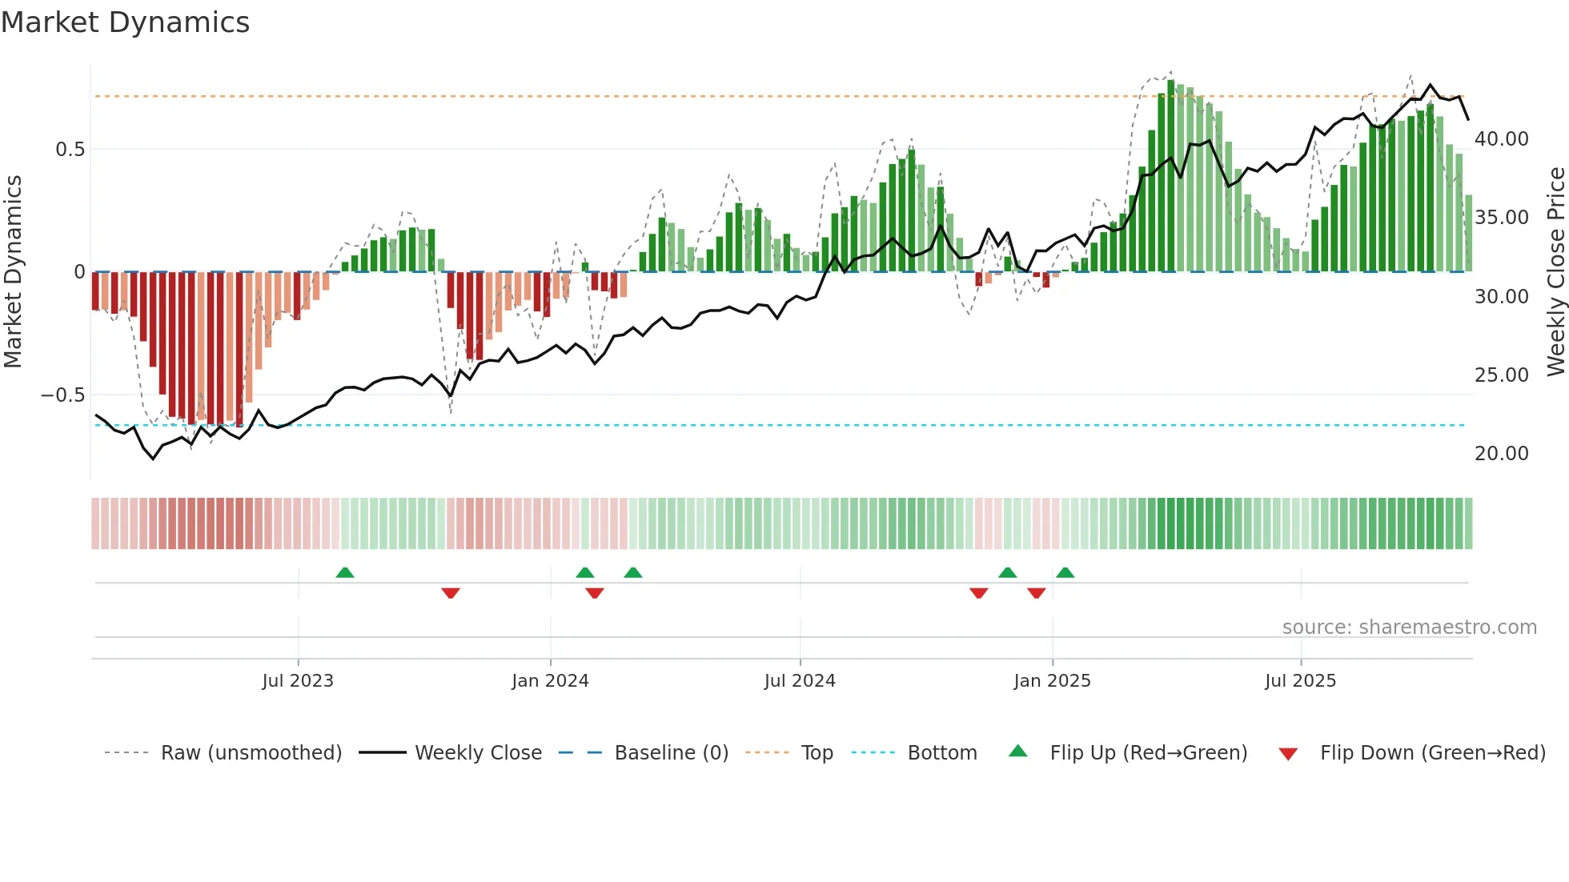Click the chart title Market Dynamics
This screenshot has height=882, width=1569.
(x=125, y=22)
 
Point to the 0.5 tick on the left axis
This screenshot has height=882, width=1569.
(x=70, y=150)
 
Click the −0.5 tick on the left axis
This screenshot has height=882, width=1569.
(x=62, y=395)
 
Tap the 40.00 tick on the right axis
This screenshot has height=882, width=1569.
(x=1501, y=139)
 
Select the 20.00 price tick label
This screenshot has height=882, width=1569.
(x=1501, y=454)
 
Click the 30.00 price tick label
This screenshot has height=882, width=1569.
(x=1501, y=297)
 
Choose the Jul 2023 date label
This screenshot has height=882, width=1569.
(x=298, y=681)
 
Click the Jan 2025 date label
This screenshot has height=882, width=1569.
(x=1052, y=681)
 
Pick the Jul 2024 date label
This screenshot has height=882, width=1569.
(x=800, y=681)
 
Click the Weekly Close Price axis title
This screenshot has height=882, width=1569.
(x=1555, y=272)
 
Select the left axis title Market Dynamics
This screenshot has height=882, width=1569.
(x=13, y=272)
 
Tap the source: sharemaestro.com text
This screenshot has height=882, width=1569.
(x=1409, y=627)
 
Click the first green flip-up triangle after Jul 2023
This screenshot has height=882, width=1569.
(x=345, y=573)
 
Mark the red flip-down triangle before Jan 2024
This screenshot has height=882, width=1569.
(x=451, y=593)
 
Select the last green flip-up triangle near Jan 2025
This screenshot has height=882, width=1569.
(x=1065, y=573)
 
